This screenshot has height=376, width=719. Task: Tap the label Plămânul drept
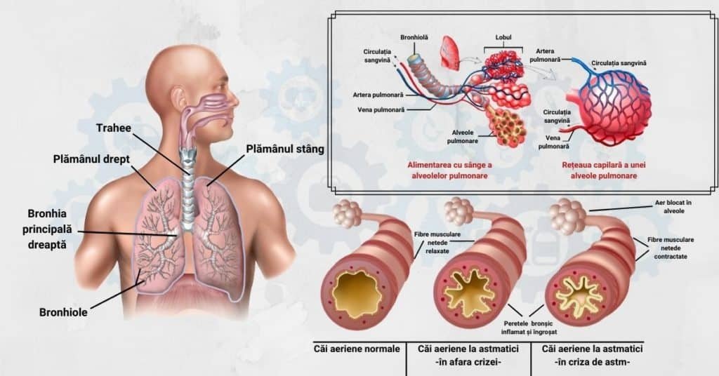(x=91, y=159)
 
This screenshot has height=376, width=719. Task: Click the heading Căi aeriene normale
(x=357, y=349)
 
